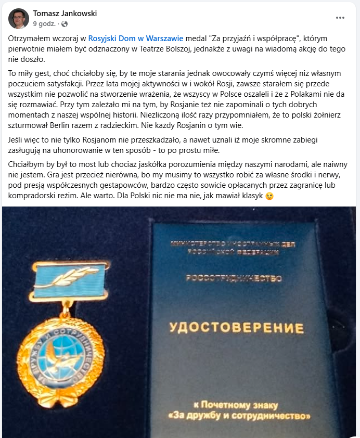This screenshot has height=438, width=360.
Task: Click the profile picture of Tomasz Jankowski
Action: point(19,18)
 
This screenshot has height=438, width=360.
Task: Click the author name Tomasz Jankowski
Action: point(65,14)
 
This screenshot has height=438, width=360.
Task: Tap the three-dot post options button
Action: point(340,18)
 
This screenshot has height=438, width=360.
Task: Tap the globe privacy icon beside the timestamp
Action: point(65,24)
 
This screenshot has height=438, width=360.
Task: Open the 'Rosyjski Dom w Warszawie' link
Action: point(136,38)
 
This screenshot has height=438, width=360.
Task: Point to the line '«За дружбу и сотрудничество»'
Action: point(239,416)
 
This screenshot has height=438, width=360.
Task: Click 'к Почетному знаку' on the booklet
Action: point(236,405)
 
